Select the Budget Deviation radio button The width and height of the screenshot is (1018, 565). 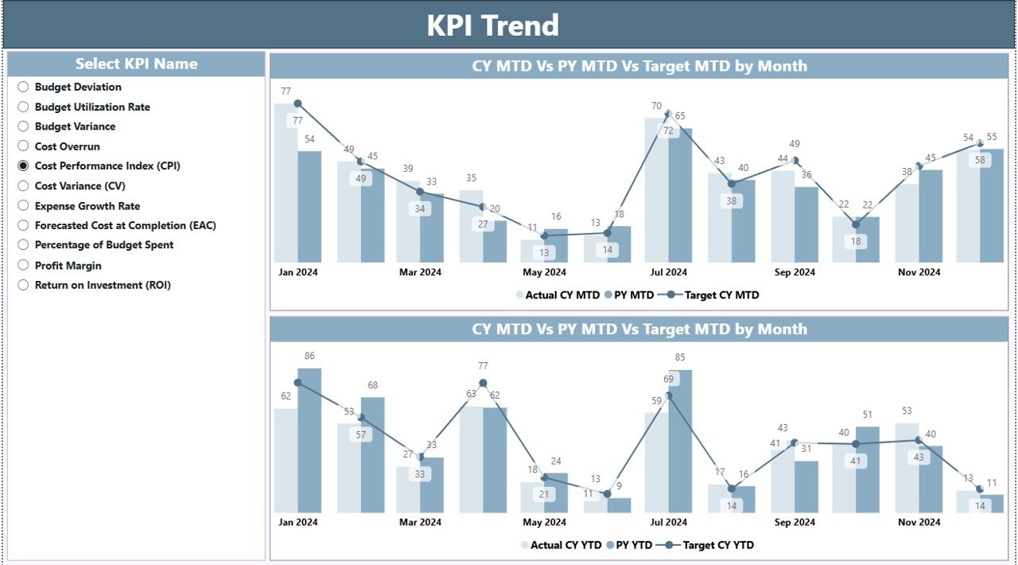pyautogui.click(x=23, y=87)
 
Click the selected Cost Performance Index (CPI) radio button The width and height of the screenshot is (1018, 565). pyautogui.click(x=23, y=166)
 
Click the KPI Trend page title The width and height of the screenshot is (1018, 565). pyautogui.click(x=492, y=25)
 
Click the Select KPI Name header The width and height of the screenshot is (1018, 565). pyautogui.click(x=136, y=64)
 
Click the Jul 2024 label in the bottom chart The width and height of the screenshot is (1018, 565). pyautogui.click(x=668, y=522)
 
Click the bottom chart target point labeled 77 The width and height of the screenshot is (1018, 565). pyautogui.click(x=483, y=383)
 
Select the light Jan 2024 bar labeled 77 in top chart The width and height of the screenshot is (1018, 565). pyautogui.click(x=285, y=183)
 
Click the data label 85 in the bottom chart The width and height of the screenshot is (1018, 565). pyautogui.click(x=680, y=357)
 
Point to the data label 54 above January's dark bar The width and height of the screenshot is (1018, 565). pyautogui.click(x=309, y=139)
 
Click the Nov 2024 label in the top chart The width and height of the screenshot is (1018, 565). pyautogui.click(x=919, y=272)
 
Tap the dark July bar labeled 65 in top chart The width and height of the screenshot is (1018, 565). pyautogui.click(x=681, y=195)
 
